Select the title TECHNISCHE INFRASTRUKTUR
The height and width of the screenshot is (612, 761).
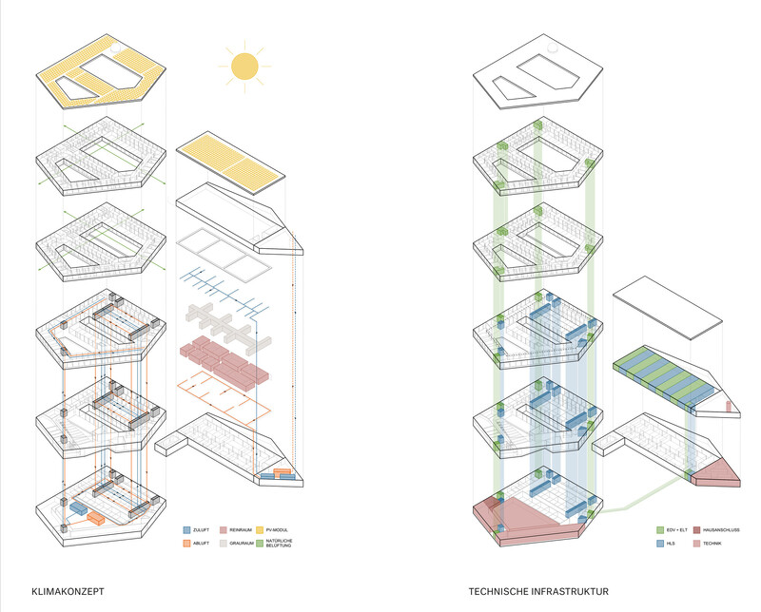(537, 591)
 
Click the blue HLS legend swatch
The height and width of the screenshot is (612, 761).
(661, 544)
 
